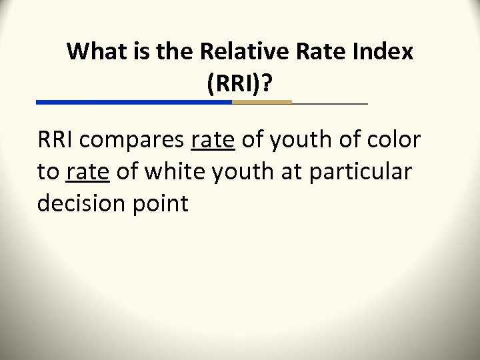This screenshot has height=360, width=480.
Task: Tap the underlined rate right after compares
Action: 212,142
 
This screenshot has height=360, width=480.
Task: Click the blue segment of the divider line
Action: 133,102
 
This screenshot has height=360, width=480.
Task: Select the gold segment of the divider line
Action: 261,102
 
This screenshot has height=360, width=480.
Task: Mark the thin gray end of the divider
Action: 330,103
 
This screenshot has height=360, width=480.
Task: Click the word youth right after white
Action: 237,173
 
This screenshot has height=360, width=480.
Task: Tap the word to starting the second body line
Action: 47,173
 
